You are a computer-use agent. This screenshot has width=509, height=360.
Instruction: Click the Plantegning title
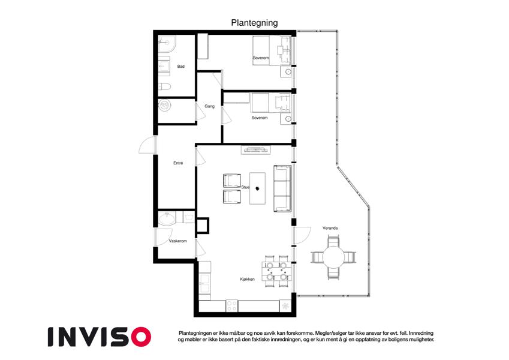click(x=254, y=23)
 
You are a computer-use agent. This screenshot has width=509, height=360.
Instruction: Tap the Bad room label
click(x=181, y=66)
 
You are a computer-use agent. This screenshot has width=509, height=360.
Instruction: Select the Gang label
click(x=209, y=106)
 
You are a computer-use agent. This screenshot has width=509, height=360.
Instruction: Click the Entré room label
click(x=178, y=163)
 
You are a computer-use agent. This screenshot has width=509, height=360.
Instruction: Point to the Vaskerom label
click(x=177, y=241)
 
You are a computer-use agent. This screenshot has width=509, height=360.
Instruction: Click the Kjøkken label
click(x=248, y=279)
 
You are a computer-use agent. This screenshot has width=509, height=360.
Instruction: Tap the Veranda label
click(x=330, y=228)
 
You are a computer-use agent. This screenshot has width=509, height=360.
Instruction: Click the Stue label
click(x=245, y=187)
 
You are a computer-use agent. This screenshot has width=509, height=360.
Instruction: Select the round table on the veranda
click(x=333, y=257)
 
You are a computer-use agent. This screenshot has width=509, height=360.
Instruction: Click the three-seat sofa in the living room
click(x=282, y=188)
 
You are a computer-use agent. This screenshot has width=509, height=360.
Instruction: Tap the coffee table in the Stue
click(x=257, y=188)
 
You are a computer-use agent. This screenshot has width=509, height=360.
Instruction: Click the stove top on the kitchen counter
click(x=232, y=306)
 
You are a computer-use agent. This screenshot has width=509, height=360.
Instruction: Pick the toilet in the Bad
click(x=164, y=87)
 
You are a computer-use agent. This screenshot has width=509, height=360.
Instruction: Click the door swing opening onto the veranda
click(x=303, y=235)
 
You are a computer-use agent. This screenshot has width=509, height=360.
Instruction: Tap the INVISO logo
click(x=100, y=337)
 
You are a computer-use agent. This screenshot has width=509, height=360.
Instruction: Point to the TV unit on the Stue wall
click(x=256, y=150)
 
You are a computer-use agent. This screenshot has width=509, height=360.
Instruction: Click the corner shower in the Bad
click(x=167, y=44)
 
